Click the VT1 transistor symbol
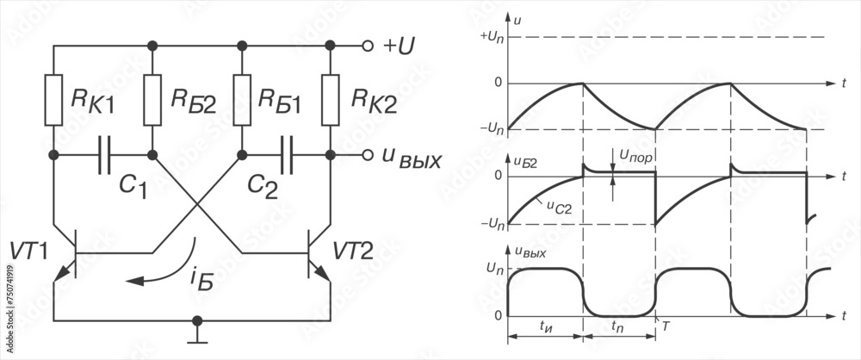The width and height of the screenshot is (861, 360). pos(68,254)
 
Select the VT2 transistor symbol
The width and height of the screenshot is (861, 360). pos(316,254)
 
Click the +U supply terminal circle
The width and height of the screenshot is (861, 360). pos(368,46)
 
